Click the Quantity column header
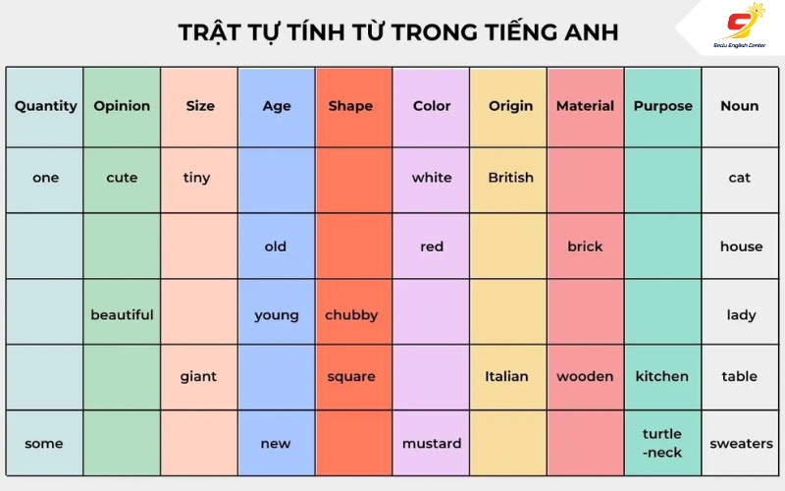[45, 106]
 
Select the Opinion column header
[122, 106]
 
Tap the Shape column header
[350, 106]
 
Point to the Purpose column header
[663, 106]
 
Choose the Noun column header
[740, 106]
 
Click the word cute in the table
[122, 178]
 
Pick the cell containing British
[508, 180]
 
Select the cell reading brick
[586, 246]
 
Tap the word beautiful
[122, 314]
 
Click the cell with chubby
[353, 311]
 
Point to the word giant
[198, 377]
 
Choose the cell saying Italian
[508, 377]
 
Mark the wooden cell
[586, 377]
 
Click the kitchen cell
[663, 377]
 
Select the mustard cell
[431, 443]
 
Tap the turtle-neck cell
[663, 443]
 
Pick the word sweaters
[742, 444]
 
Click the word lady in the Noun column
[741, 314]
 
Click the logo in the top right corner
[740, 27]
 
